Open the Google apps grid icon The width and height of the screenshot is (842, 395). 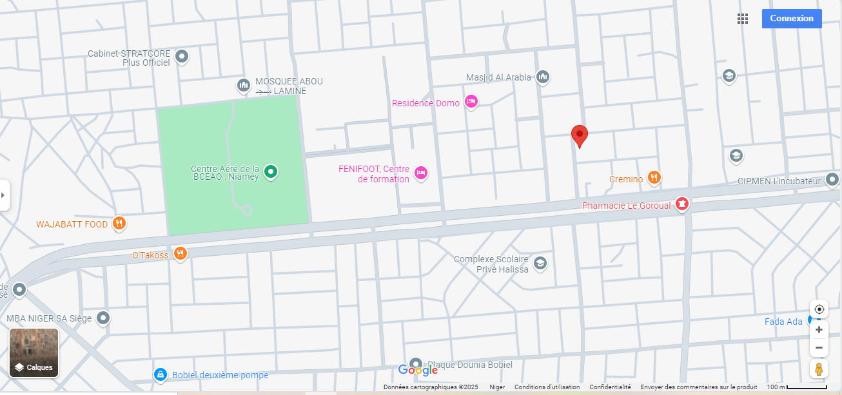743,19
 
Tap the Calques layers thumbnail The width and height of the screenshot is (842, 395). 34,352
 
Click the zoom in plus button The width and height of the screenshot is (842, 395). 819,330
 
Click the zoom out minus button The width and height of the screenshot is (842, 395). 819,349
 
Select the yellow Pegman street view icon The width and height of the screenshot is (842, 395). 819,369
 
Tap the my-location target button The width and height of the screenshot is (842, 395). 819,309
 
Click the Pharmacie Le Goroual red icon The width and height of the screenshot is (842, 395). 681,205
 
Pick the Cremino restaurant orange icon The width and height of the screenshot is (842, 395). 654,178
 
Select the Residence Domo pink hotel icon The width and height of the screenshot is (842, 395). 471,102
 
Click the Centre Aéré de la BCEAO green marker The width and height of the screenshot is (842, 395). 271,171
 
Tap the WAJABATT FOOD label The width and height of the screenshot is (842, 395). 72,224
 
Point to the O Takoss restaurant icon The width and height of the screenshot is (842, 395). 181,253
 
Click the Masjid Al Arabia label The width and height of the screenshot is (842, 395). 498,77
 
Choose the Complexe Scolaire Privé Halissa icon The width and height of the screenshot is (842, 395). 540,263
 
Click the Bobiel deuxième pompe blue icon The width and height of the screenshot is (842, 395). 160,374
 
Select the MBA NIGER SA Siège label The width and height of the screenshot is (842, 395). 49,318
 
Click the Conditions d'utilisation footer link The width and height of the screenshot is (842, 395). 547,387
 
